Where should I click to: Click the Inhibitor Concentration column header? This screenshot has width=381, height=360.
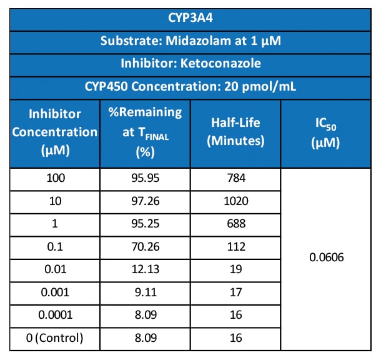(x=55, y=132)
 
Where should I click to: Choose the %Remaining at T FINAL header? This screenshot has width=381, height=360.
(x=145, y=132)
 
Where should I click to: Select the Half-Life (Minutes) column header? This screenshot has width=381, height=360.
(x=235, y=132)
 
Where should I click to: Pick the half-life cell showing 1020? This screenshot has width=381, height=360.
(x=235, y=201)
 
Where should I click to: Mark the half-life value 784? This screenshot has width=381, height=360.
(x=235, y=178)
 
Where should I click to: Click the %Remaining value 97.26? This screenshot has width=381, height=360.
(x=145, y=201)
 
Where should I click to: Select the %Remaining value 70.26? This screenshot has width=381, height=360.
(x=145, y=246)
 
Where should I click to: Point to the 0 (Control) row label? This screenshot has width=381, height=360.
(x=55, y=338)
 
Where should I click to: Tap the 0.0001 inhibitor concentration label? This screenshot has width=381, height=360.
(x=55, y=315)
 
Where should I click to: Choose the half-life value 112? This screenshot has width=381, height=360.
(x=235, y=246)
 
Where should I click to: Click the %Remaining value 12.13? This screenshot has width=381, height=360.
(x=145, y=269)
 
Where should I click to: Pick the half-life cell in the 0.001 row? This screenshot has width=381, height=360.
(x=235, y=292)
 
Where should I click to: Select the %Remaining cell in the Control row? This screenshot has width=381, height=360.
(x=145, y=338)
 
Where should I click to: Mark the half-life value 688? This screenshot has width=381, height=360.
(x=235, y=224)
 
